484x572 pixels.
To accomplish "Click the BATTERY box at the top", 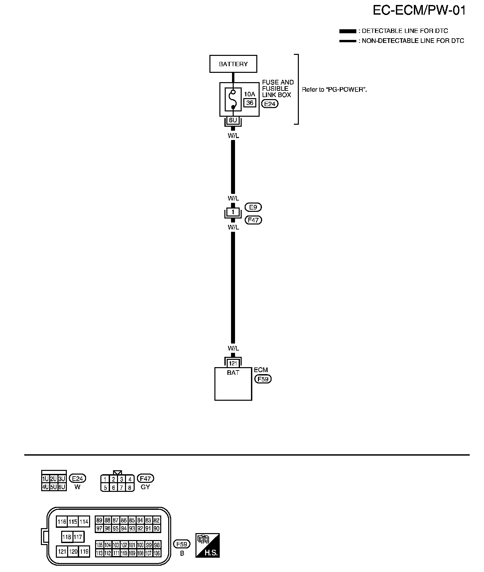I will (233, 64).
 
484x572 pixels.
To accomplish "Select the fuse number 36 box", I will (250, 103).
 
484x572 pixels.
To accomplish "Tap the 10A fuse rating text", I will (250, 94).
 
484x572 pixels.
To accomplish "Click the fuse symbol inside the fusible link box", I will (233, 99).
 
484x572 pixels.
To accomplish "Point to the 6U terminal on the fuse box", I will (233, 120).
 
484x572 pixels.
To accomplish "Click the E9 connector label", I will (253, 207).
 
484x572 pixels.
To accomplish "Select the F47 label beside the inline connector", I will (253, 220).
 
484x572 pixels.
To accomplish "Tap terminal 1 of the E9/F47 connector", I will (233, 212).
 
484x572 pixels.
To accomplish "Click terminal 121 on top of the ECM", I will (233, 363).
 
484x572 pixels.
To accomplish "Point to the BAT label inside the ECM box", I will (233, 373).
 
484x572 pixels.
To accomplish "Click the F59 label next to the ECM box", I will (263, 379).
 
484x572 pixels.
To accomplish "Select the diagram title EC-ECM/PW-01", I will (419, 11).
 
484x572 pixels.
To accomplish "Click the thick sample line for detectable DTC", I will (347, 31).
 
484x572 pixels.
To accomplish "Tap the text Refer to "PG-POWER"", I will (334, 89).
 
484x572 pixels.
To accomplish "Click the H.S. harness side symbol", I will (208, 545).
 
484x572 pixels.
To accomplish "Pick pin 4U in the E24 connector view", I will (45, 487).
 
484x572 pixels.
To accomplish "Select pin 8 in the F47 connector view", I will (130, 488).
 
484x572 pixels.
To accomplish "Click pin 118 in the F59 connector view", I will (67, 537).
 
